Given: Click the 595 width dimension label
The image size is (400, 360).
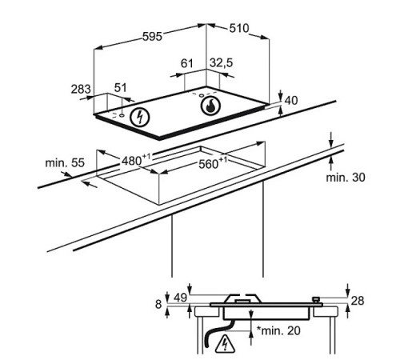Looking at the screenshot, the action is pos(152,37).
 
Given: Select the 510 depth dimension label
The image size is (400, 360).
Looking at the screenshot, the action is pos(239,28).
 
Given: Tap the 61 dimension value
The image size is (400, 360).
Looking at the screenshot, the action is pos(186,63).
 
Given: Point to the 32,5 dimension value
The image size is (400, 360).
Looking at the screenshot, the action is pos(221,63).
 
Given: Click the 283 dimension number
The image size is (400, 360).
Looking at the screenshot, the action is pos(81,89).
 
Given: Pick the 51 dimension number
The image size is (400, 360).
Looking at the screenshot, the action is pos(121,88).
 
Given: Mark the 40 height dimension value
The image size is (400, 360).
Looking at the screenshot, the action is pos(291,101).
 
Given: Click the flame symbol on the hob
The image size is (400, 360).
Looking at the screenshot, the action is pos(210,106).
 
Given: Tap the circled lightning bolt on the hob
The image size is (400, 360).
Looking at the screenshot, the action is pos(140,118).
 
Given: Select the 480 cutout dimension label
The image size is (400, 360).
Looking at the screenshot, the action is pos(136,160).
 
